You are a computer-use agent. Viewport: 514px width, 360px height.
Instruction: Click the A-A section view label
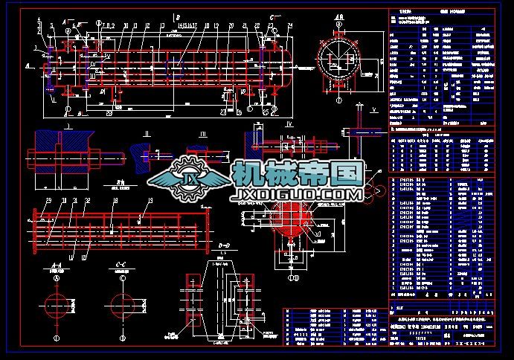[x=57, y=266]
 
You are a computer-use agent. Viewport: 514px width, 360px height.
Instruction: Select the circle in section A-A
[x=57, y=303]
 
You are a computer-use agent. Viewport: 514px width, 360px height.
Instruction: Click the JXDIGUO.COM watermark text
[x=298, y=196]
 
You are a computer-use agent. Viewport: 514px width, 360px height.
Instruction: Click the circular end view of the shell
[x=339, y=58]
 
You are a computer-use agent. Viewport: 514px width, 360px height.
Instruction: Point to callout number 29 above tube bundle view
[x=50, y=200]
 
